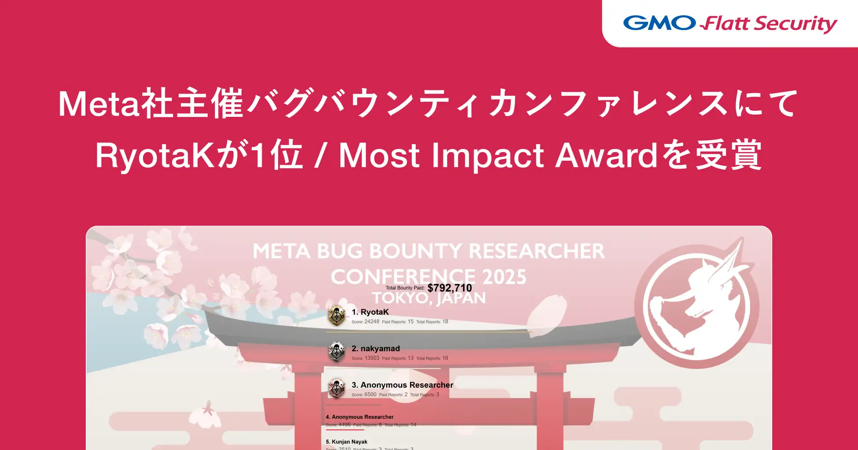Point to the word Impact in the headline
click(x=488, y=156)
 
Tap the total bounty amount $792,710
click(x=450, y=288)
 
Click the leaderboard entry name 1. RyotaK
click(x=370, y=312)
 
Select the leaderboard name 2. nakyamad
click(x=376, y=348)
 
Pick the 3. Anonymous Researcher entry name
click(x=403, y=385)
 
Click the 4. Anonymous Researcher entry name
click(x=359, y=417)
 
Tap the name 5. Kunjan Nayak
click(x=347, y=442)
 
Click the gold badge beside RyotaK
click(x=337, y=315)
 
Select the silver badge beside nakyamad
click(x=337, y=352)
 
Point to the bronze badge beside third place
click(x=337, y=388)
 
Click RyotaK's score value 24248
click(x=372, y=322)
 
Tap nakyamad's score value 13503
click(x=372, y=358)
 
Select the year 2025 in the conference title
click(x=504, y=277)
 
